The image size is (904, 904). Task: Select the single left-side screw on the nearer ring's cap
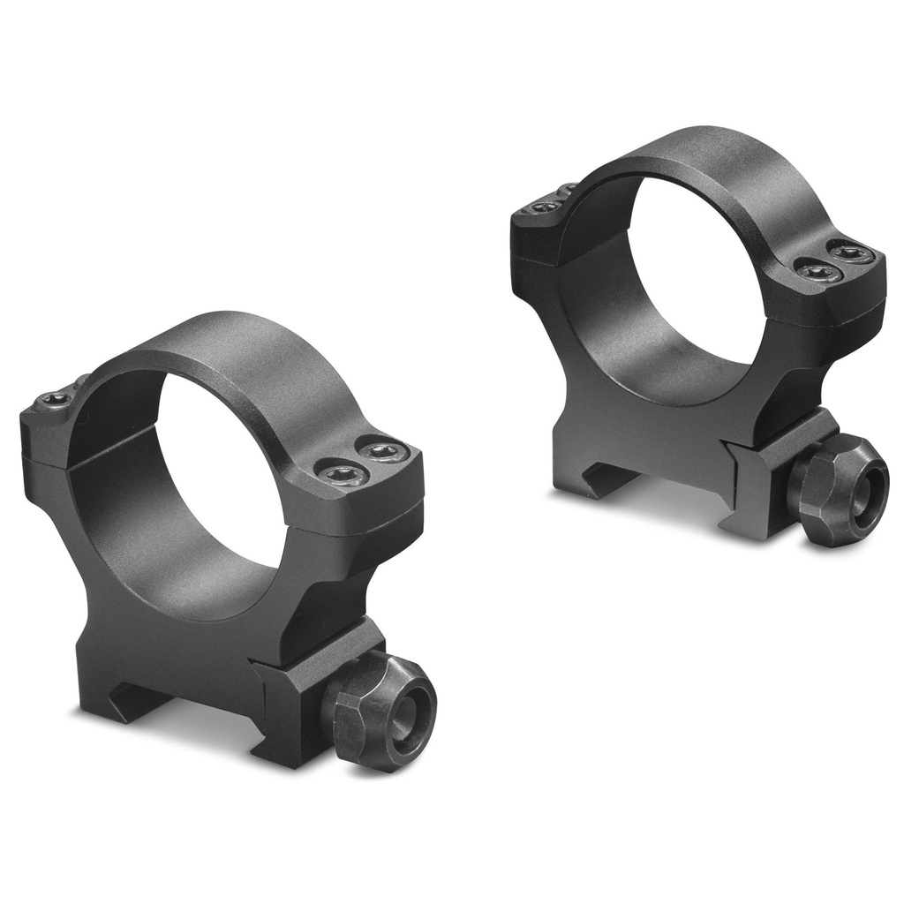[x=55, y=401]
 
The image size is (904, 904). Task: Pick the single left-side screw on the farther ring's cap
[x=545, y=207]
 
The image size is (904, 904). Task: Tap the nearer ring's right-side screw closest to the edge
[x=383, y=452]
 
